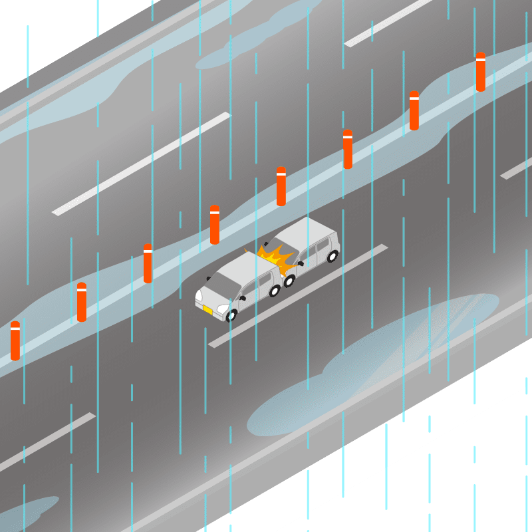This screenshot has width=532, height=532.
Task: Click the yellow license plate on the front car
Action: click(x=207, y=310)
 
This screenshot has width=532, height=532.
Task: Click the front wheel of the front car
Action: click(x=231, y=315)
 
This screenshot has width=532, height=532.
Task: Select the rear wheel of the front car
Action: click(x=274, y=291)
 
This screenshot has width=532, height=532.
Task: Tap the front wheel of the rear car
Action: click(x=289, y=281)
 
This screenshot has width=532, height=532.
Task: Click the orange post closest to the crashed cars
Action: click(x=215, y=225)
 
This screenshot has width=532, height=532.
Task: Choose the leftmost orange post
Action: click(x=15, y=340)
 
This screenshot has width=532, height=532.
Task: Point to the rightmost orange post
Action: click(x=480, y=72)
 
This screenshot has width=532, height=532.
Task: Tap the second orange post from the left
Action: click(x=81, y=302)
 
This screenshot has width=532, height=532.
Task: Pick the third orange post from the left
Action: click(x=148, y=263)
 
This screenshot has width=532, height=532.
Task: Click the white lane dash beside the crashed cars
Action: click(x=299, y=296)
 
